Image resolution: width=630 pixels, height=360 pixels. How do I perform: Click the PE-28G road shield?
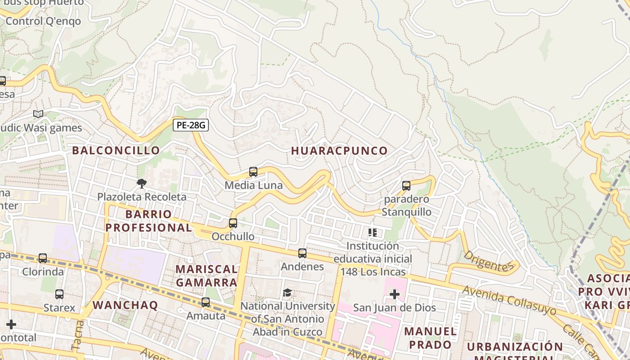190,126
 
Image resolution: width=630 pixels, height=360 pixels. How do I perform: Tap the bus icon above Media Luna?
253,172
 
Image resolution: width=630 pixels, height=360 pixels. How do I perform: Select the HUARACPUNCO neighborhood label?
339,151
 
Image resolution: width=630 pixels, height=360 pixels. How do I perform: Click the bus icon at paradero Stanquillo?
406,186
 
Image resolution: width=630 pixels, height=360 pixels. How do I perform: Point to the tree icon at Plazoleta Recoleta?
141,184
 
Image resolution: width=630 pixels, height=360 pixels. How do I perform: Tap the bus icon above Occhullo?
233,223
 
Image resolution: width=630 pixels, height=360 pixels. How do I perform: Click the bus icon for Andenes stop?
302,253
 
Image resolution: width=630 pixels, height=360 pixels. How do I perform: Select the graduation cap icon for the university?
288,293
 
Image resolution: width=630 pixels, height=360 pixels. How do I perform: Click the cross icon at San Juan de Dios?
395,294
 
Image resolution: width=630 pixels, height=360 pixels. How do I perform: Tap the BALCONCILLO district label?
116,150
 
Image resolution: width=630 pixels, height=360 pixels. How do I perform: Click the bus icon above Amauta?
206,302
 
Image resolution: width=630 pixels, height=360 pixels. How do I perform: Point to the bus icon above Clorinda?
43,258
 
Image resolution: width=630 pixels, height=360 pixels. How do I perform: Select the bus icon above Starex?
59,294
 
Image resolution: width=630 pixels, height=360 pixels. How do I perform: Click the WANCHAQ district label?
125,305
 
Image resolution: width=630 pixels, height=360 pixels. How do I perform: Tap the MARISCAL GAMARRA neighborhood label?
207,276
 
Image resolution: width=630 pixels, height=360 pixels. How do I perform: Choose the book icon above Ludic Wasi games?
38,114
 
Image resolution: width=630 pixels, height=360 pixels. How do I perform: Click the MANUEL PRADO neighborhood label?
430,338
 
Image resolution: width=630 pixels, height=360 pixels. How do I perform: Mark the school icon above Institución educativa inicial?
373,233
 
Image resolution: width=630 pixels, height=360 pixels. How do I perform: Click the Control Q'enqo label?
43,21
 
